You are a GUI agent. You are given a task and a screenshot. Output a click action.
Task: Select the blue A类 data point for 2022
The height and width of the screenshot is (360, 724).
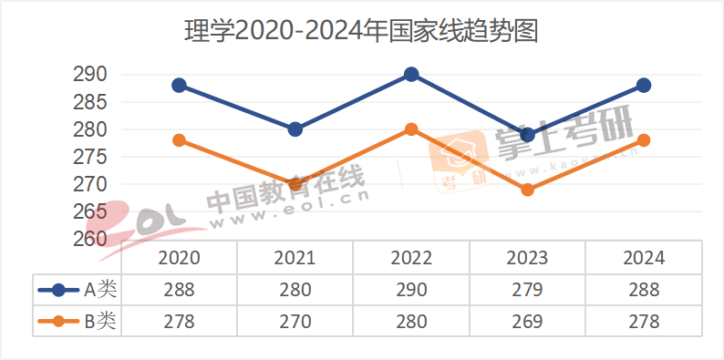[x=411, y=75]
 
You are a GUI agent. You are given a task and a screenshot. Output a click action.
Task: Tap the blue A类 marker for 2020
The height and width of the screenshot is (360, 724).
[x=179, y=86]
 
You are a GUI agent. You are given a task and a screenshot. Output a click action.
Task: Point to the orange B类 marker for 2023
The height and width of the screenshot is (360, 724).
[x=527, y=190]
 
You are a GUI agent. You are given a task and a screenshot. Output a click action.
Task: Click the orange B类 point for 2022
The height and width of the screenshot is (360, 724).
[x=411, y=129]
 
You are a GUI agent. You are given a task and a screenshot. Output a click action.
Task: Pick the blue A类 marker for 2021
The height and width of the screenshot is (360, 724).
[x=295, y=129]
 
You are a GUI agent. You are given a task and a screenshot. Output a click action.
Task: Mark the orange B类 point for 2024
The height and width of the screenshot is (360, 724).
[x=644, y=140]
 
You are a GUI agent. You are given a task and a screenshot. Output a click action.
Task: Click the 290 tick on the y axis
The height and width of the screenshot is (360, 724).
[x=89, y=75]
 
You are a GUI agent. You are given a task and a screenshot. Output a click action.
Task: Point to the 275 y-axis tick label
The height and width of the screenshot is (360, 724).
[x=89, y=157]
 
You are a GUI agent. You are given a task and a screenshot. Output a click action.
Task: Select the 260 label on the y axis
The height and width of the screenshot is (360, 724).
[x=89, y=239]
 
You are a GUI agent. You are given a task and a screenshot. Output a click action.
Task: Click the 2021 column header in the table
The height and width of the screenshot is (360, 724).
[x=295, y=258]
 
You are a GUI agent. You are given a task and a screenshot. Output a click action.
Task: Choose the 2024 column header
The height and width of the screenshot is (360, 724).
[x=644, y=258]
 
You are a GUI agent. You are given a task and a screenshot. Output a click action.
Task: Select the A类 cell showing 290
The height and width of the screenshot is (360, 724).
[x=411, y=290]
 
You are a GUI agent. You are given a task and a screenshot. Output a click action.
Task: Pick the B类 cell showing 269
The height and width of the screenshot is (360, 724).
[x=527, y=322]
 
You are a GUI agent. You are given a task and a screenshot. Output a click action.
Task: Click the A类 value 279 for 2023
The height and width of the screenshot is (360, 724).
[x=527, y=290]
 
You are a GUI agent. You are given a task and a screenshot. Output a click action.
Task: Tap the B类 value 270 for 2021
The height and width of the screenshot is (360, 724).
[x=295, y=322]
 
